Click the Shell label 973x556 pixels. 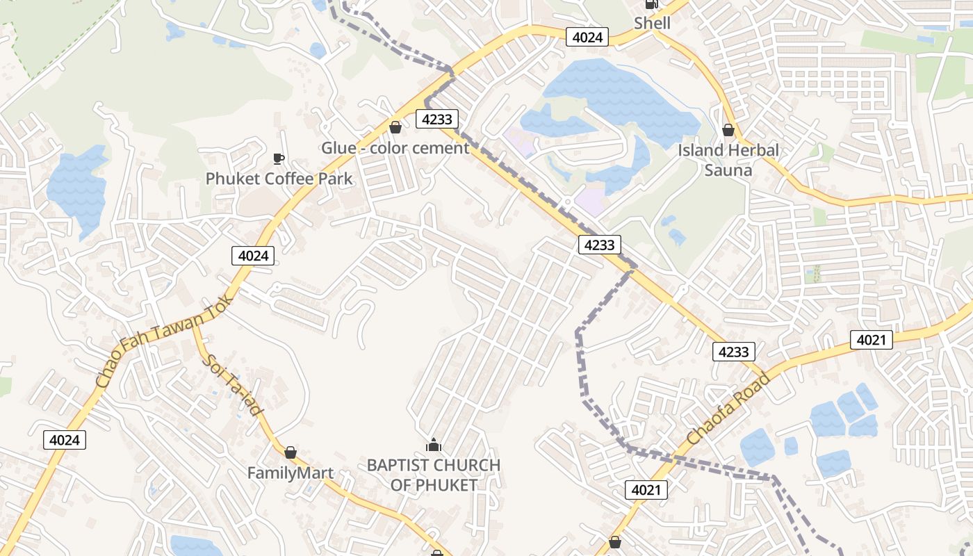[x=652, y=24]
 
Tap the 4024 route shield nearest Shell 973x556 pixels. [x=587, y=37]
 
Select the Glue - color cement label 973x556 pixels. [x=395, y=148]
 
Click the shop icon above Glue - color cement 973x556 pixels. [x=395, y=127]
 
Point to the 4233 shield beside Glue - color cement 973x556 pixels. [x=437, y=119]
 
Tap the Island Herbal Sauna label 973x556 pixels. [x=728, y=160]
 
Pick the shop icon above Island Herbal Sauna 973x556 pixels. [x=728, y=130]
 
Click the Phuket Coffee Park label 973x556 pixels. [x=279, y=179]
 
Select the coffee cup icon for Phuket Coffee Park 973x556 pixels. [x=279, y=158]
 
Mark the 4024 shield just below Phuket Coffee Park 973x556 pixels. [x=253, y=255]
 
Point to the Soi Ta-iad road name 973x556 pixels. [x=233, y=384]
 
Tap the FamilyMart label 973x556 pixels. [x=291, y=473]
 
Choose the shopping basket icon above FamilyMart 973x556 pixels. [x=291, y=452]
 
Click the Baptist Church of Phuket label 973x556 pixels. [x=434, y=475]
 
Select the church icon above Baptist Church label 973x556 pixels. [x=434, y=445]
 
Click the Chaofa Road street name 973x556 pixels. [x=728, y=409]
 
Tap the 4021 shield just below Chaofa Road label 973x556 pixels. [x=646, y=490]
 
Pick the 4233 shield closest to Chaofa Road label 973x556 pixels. [x=733, y=352]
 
